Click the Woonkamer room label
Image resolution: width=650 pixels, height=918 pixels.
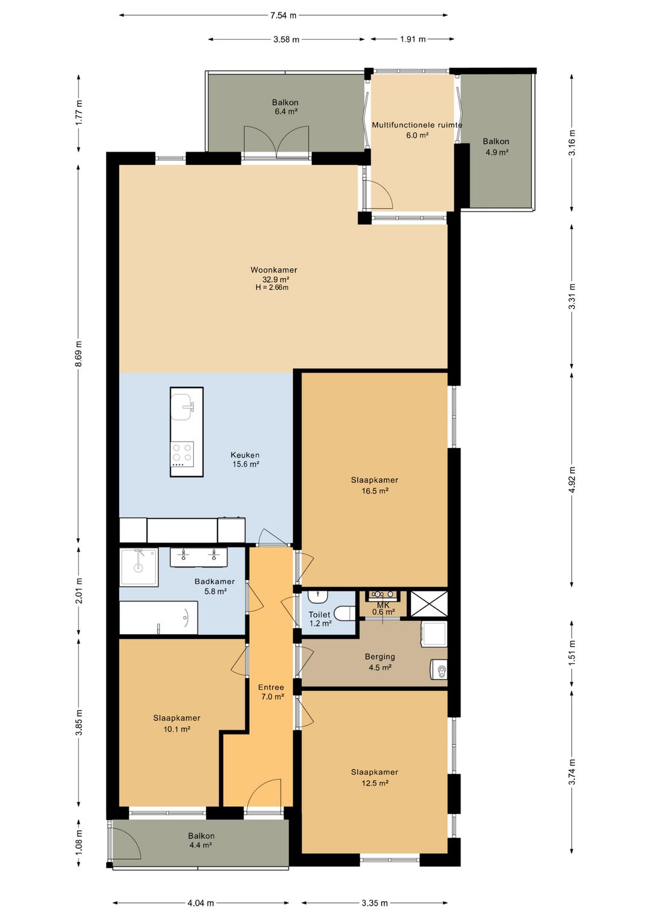(x=273, y=270)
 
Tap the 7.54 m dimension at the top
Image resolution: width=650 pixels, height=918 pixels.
(x=283, y=16)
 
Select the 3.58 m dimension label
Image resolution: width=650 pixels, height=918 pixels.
(x=286, y=39)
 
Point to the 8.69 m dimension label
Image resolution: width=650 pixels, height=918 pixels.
(x=79, y=353)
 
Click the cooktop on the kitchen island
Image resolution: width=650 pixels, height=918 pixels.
(x=182, y=454)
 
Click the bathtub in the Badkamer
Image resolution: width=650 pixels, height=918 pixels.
(x=158, y=618)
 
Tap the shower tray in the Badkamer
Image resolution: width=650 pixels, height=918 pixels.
(x=138, y=568)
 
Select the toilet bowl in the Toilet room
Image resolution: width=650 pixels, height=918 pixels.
(x=344, y=613)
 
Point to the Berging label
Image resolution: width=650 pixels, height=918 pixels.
(x=380, y=656)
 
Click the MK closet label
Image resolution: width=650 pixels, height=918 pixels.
(x=383, y=605)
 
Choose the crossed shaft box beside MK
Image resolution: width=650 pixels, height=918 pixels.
(x=429, y=603)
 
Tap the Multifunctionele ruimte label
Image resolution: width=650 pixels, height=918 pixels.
(x=417, y=125)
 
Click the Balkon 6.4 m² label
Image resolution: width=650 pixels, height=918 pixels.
(x=285, y=106)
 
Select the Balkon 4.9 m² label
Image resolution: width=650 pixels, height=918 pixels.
(x=496, y=146)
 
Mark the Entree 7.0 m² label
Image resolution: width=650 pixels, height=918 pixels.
(x=271, y=692)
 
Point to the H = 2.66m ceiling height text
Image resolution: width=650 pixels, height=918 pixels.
(x=272, y=288)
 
